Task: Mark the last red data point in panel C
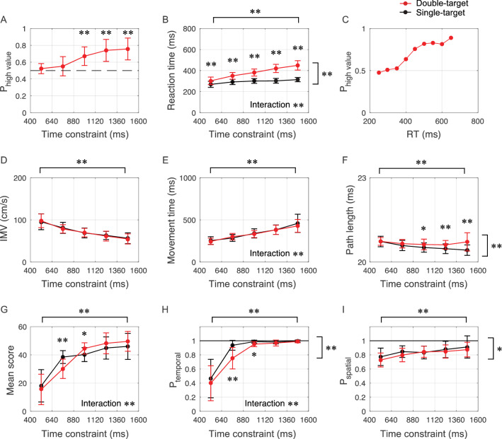click(x=451, y=37)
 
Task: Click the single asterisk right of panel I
click(x=496, y=349)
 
